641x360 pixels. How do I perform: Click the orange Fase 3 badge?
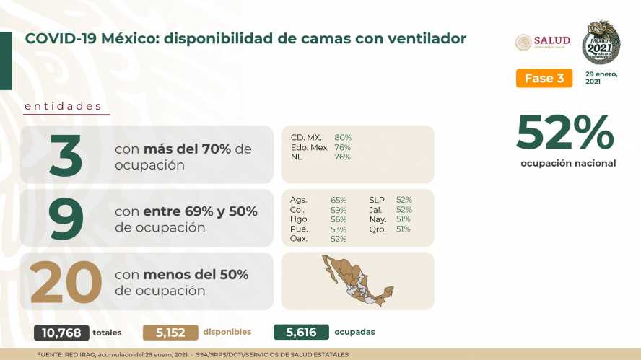click(544, 78)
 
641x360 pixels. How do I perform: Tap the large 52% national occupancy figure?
click(565, 133)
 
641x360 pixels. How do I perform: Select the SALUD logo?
click(543, 42)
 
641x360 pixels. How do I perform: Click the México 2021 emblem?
click(601, 42)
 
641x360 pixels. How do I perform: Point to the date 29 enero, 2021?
click(601, 78)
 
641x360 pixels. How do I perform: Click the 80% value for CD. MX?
click(343, 138)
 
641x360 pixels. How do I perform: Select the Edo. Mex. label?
click(310, 147)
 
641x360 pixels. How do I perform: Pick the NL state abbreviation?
click(297, 157)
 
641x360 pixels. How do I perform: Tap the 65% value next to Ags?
click(339, 201)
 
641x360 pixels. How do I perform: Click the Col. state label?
click(297, 210)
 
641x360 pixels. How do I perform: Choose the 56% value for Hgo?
click(339, 220)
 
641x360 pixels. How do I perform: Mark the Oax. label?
click(298, 239)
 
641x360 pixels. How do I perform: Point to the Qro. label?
click(378, 229)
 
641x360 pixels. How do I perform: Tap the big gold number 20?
click(66, 282)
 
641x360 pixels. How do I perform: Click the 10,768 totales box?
click(61, 333)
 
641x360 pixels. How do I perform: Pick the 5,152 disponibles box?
click(170, 333)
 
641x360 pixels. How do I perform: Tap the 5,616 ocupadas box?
click(301, 332)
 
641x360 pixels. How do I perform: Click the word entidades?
click(63, 106)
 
